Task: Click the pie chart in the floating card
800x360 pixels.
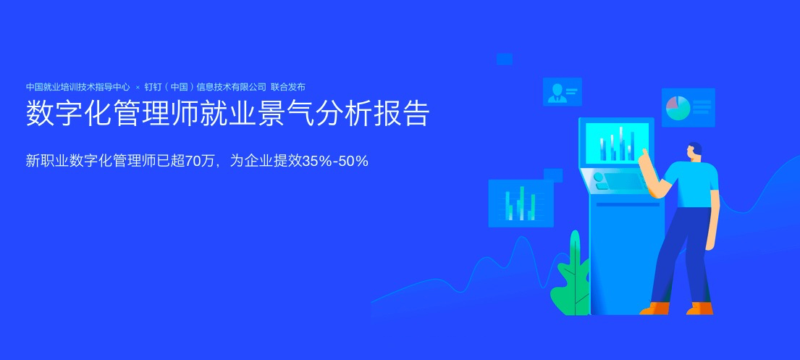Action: point(678,108)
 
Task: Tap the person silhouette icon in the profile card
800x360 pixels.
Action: point(557,93)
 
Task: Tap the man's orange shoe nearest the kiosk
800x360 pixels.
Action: point(654,308)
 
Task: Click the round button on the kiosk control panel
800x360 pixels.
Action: point(598,177)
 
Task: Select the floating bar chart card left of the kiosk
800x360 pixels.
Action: point(521,204)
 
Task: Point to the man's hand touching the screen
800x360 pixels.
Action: point(645,156)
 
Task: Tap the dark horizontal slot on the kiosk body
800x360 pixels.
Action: point(628,205)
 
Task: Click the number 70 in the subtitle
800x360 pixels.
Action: point(193,162)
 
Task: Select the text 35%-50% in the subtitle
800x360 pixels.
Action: point(335,162)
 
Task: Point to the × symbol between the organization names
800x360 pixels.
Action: point(138,88)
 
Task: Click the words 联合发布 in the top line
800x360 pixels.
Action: point(288,87)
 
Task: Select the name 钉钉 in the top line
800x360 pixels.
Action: point(153,87)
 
